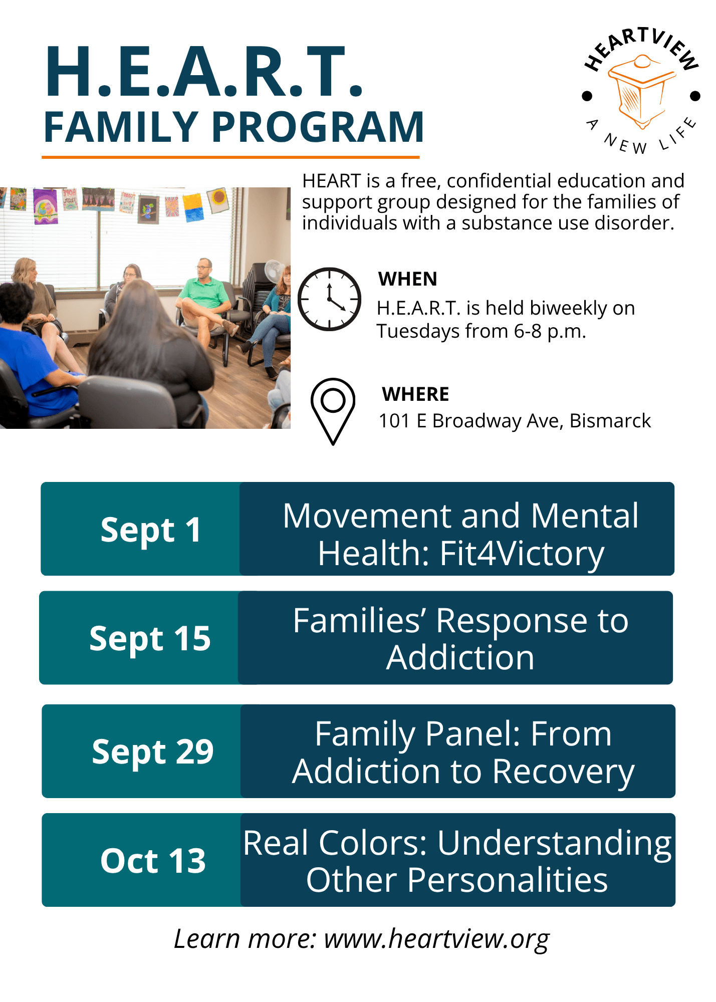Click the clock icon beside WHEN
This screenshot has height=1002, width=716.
(329, 299)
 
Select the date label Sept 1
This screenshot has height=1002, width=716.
(150, 530)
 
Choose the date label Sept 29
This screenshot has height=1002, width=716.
(152, 752)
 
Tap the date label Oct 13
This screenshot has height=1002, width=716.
(153, 861)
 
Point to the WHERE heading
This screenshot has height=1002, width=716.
(415, 394)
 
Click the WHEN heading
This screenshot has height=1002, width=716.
(408, 279)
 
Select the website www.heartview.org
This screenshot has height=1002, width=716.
(436, 938)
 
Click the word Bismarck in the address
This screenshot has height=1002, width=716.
(610, 421)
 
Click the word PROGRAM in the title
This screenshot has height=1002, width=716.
(318, 127)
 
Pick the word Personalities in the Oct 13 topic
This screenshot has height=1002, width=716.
(508, 880)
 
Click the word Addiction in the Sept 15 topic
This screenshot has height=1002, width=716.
(460, 658)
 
